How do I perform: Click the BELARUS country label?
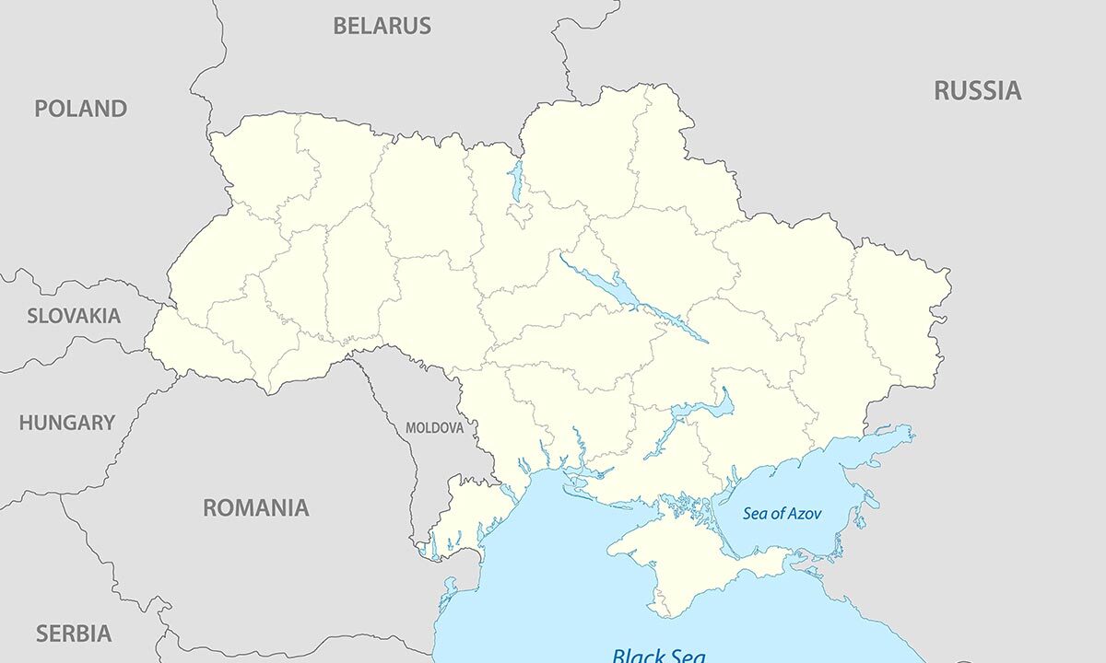point(382,26)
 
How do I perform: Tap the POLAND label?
point(80,109)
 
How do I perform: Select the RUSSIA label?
point(977,90)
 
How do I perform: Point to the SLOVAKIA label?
point(73,316)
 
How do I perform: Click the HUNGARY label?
point(66,424)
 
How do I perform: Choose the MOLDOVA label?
point(434,428)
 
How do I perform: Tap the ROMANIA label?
point(255,507)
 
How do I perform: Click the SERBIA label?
point(73,634)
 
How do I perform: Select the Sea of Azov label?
point(782,514)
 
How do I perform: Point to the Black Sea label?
point(658,655)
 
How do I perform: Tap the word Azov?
point(802,514)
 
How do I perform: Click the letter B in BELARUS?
point(339,26)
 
